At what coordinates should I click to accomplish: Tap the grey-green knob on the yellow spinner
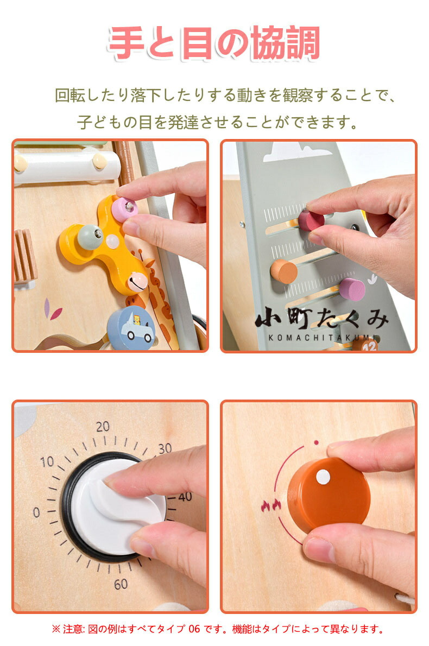[x=90, y=236]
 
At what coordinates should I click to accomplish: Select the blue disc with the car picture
[x=131, y=328]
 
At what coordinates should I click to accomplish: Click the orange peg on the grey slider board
[x=284, y=271]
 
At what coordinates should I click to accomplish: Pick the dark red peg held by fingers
[x=311, y=220]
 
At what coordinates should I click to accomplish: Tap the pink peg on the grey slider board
[x=352, y=289]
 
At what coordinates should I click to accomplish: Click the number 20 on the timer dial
[x=103, y=426]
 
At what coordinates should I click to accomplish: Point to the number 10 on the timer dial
[x=47, y=461]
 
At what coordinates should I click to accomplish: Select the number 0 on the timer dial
[x=36, y=512]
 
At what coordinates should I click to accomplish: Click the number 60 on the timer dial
[x=121, y=584]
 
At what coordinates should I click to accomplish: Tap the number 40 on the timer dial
[x=185, y=497]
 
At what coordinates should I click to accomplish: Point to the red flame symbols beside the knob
[x=271, y=505]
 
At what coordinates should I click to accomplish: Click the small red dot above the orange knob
[x=316, y=442]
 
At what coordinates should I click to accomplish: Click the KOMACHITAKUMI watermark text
[x=322, y=338]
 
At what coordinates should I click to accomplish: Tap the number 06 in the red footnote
[x=194, y=629]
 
